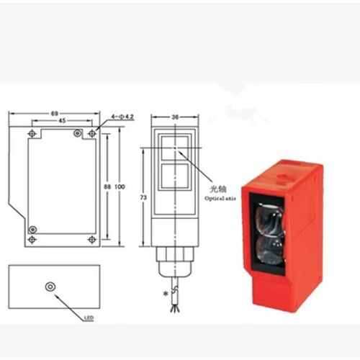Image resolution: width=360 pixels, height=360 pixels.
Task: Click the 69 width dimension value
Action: click(55, 113)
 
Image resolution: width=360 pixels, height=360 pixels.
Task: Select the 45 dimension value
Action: click(62, 121)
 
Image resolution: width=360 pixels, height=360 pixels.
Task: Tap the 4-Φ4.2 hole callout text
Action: click(122, 117)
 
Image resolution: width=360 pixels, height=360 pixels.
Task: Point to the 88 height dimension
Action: click(107, 186)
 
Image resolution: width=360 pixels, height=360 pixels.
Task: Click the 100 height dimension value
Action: click(120, 186)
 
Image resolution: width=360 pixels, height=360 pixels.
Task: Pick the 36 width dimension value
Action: click(175, 117)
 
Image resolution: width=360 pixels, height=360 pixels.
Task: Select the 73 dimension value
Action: click(143, 197)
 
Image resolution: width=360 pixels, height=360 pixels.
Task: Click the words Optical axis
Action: click(220, 198)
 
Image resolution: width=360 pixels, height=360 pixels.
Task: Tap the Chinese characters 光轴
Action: click(218, 189)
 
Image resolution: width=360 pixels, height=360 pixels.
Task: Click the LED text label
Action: click(89, 318)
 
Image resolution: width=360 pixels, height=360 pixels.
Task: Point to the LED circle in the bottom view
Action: click(50, 287)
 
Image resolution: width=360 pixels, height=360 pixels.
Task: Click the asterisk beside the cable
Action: click(166, 294)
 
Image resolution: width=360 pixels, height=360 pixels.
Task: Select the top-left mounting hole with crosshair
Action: click(32, 133)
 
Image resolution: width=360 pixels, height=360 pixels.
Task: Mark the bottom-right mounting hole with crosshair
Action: click(92, 239)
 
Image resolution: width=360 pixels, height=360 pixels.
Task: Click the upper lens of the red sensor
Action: click(269, 218)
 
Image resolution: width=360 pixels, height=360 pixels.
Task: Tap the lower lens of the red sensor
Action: click(270, 250)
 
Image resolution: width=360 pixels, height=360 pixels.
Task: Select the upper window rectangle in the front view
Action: click(175, 148)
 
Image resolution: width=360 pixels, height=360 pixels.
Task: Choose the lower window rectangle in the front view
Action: click(175, 176)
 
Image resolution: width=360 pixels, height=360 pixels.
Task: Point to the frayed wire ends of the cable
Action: click(174, 308)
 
